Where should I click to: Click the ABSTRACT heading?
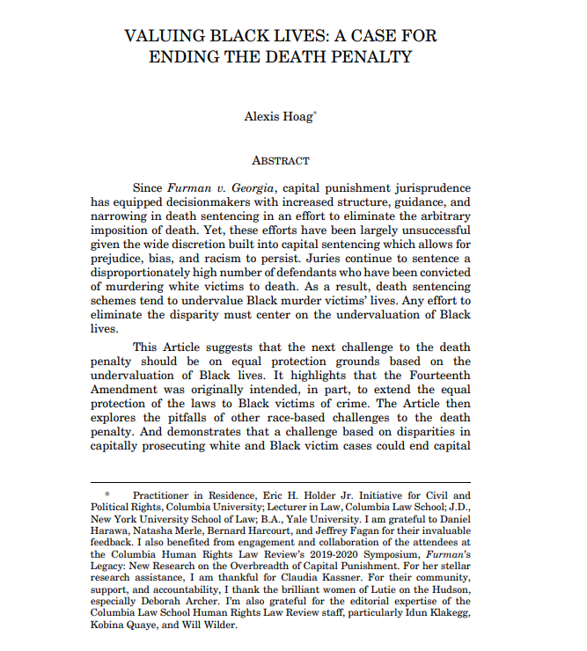[x=280, y=161]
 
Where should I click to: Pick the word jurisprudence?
[x=429, y=187]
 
